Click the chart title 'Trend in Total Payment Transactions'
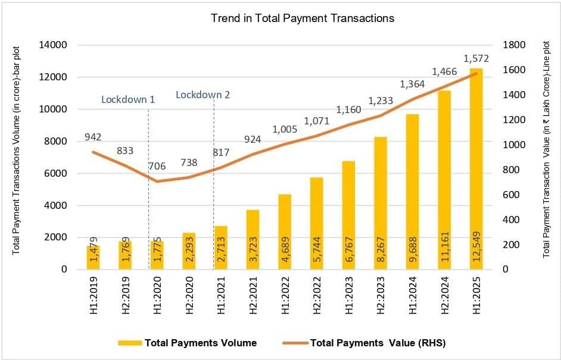tap(303, 18)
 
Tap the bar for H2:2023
tap(380, 202)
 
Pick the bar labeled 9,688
tap(412, 190)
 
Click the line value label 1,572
tap(476, 58)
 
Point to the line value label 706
tap(156, 166)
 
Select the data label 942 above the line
tap(93, 137)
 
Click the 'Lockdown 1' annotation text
tap(128, 99)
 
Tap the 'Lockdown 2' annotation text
tap(203, 95)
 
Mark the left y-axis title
tap(17, 157)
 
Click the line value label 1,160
tap(348, 110)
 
